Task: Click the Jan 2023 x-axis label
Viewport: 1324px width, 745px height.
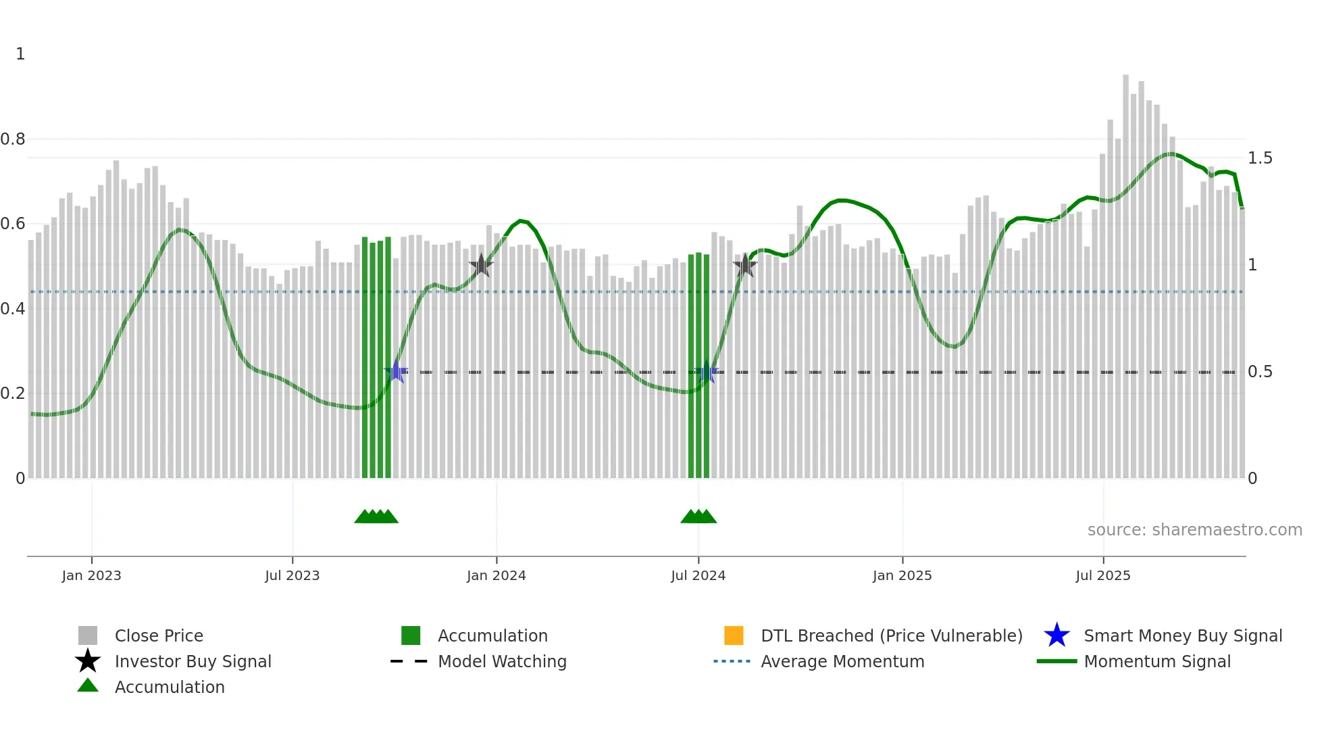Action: pyautogui.click(x=91, y=575)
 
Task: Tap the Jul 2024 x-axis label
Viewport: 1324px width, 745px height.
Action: pyautogui.click(x=698, y=575)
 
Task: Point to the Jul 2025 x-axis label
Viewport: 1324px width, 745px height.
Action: pyautogui.click(x=1102, y=575)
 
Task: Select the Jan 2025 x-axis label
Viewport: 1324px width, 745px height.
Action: pyautogui.click(x=902, y=575)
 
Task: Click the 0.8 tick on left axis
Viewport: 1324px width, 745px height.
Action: pyautogui.click(x=13, y=139)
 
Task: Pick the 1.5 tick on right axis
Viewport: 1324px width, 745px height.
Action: pyautogui.click(x=1260, y=158)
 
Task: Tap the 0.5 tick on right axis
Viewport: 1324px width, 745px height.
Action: pyautogui.click(x=1260, y=372)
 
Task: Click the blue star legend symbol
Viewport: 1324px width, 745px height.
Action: pyautogui.click(x=1056, y=635)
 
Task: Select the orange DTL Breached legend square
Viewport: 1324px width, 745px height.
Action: pyautogui.click(x=734, y=635)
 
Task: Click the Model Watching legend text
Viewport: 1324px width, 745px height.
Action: pyautogui.click(x=502, y=661)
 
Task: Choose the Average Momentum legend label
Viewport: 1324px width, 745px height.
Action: pyautogui.click(x=842, y=661)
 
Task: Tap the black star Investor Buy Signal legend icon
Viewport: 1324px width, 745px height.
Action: pyautogui.click(x=88, y=661)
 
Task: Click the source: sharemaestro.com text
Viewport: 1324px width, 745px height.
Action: pyautogui.click(x=1194, y=530)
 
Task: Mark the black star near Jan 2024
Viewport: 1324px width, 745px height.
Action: pyautogui.click(x=481, y=265)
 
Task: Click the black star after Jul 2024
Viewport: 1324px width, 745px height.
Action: pyautogui.click(x=744, y=265)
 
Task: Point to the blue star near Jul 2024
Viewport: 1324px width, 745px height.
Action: pyautogui.click(x=707, y=372)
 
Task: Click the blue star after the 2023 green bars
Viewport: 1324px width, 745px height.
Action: pyautogui.click(x=397, y=372)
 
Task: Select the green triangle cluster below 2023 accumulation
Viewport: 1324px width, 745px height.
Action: pyautogui.click(x=376, y=516)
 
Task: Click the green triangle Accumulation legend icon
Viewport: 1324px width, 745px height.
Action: pyautogui.click(x=88, y=686)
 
